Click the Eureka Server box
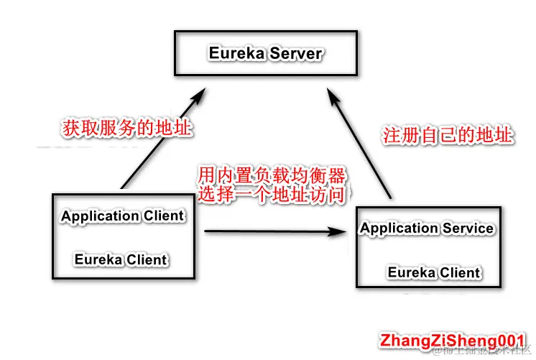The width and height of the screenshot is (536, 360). point(266,54)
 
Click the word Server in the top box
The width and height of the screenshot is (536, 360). point(296,54)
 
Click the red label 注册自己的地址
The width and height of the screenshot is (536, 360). point(446,135)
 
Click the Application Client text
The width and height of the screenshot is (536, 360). point(122,216)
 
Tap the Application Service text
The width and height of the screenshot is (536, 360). point(427,229)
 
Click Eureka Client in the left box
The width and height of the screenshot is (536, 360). point(121,259)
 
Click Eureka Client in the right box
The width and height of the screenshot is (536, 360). point(434,272)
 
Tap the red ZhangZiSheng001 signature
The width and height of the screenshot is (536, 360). point(455,339)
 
